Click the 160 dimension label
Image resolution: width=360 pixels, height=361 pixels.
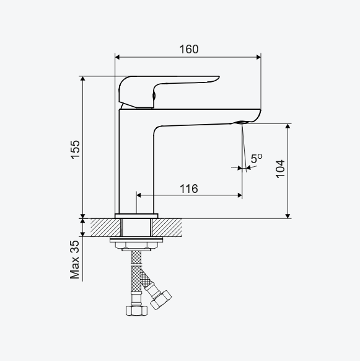point(189,49)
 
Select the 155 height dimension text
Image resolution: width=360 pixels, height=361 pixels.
point(75,149)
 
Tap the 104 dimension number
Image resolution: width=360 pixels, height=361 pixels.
point(280,169)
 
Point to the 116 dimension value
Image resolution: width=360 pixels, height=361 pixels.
point(188,189)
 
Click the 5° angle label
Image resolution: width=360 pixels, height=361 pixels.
point(257,158)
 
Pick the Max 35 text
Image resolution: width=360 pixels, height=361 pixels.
point(75,260)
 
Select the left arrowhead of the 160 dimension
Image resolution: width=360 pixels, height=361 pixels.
point(117,57)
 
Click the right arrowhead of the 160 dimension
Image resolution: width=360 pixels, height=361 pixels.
point(258,57)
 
